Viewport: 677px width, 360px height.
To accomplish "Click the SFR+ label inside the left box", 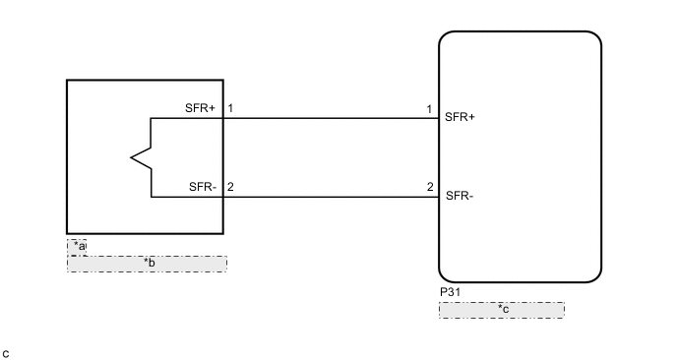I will click(x=200, y=107).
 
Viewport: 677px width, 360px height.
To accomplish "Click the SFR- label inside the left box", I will click(x=203, y=186).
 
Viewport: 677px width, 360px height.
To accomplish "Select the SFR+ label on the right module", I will click(x=460, y=117).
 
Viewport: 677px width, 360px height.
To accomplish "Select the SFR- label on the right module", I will click(x=460, y=195).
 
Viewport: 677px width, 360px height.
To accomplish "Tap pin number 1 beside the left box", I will click(x=230, y=107).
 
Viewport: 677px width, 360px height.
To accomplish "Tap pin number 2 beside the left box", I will click(x=230, y=186).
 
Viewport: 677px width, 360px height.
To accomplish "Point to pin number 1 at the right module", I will click(x=429, y=107).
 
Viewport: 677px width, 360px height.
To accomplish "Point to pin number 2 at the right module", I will click(x=430, y=186).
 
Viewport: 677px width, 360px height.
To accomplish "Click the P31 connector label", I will click(x=450, y=293).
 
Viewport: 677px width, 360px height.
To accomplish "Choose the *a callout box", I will click(x=77, y=246).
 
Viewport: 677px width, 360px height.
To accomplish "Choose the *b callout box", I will click(x=147, y=264).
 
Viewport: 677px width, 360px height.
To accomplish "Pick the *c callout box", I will click(x=501, y=310).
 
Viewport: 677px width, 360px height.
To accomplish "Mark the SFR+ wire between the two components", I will click(x=331, y=118).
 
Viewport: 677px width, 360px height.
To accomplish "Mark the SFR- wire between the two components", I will click(x=331, y=197).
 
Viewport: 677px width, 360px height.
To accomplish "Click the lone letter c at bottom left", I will click(x=6, y=352).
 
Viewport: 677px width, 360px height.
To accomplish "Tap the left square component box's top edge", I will click(x=145, y=80).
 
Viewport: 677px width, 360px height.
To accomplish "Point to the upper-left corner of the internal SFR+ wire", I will click(x=152, y=118).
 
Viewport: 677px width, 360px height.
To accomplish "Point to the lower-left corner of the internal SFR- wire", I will click(x=152, y=197).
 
